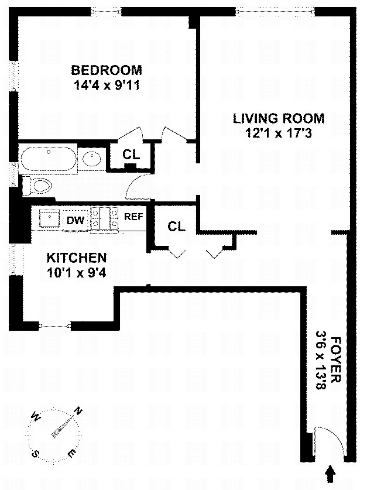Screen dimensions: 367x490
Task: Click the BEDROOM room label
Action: pyautogui.click(x=107, y=71)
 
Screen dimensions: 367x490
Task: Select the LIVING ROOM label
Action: pyautogui.click(x=278, y=119)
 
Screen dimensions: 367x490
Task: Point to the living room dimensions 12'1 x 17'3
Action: pyautogui.click(x=278, y=133)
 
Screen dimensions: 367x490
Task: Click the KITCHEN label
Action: pyautogui.click(x=77, y=258)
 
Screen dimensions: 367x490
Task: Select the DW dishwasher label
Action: pyautogui.click(x=74, y=220)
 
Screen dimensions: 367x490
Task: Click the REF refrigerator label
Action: pyautogui.click(x=133, y=216)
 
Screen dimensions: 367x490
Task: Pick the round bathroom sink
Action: pyautogui.click(x=91, y=158)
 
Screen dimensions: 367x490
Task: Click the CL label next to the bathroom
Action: pyautogui.click(x=131, y=155)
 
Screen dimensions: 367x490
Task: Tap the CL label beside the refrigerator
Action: pyautogui.click(x=176, y=227)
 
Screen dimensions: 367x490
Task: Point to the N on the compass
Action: pyautogui.click(x=78, y=411)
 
